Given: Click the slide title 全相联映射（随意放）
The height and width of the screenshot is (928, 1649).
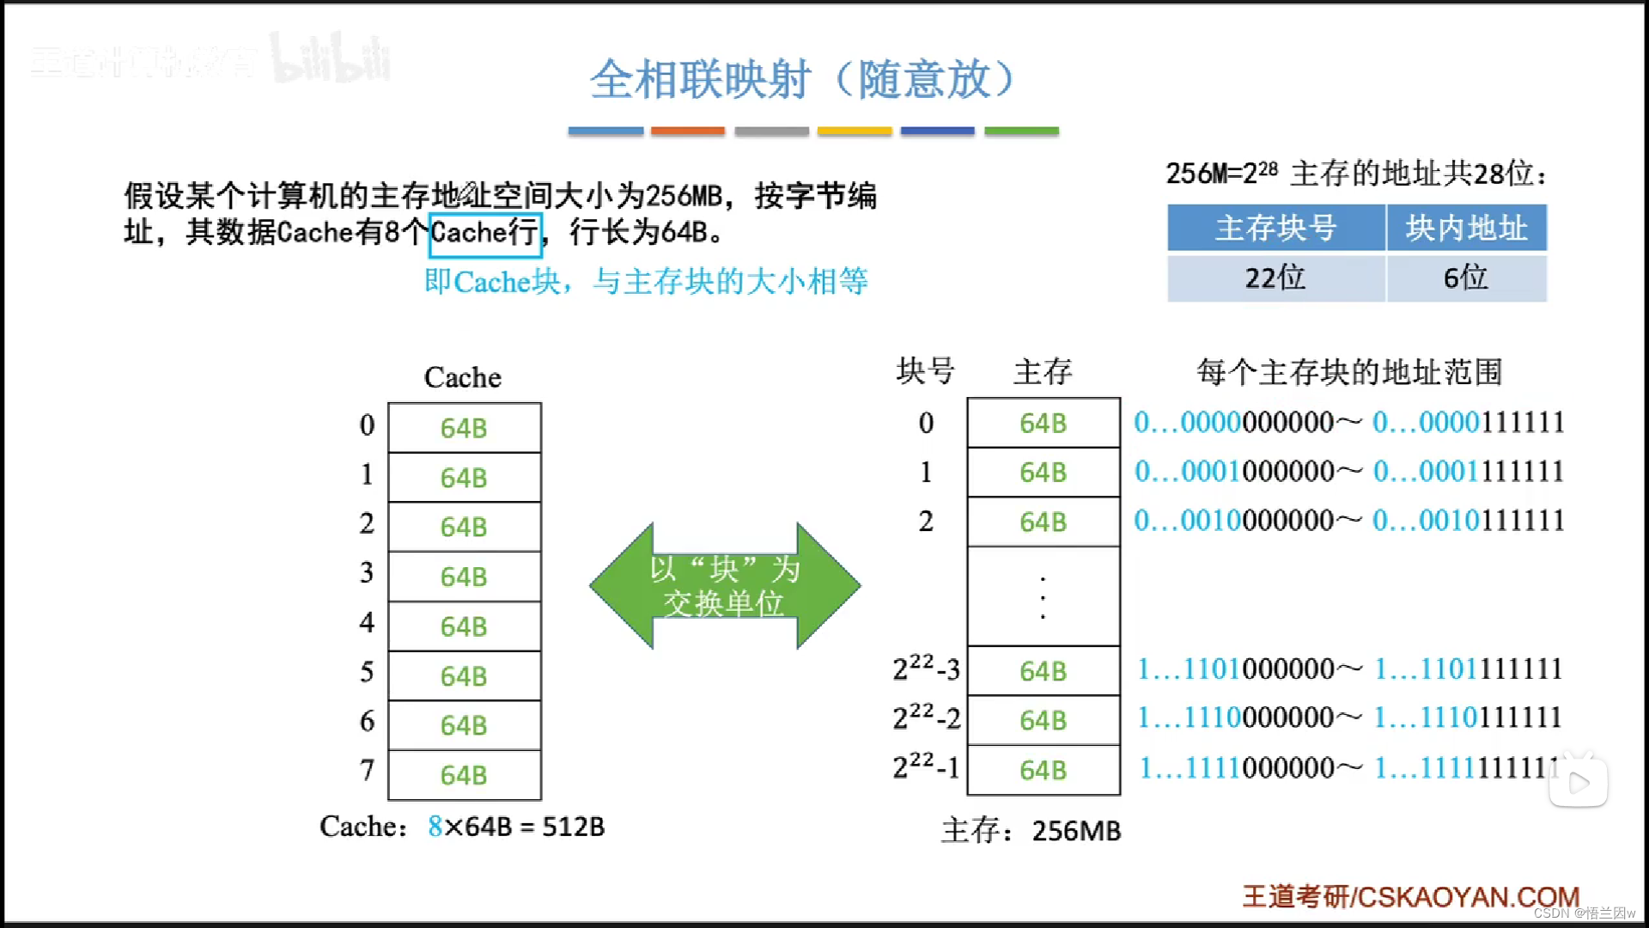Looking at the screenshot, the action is coord(803,80).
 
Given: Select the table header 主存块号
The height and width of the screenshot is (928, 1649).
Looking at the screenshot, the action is coord(1276,228).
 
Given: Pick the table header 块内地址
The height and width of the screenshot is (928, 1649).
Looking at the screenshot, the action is coord(1466,228).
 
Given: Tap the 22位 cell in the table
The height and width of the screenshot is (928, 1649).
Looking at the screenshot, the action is coord(1276,278).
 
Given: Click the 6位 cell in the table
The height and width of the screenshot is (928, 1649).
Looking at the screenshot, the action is coord(1466,278).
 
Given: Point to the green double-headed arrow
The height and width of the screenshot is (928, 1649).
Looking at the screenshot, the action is coord(724,586).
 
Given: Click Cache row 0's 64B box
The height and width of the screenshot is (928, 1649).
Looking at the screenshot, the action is coord(464,428).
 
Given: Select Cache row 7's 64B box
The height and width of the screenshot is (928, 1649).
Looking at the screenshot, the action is coord(464,775).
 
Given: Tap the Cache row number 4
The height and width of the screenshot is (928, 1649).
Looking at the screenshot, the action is coord(367,622).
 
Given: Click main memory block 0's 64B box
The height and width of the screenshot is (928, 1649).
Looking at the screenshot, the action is coord(1044,423).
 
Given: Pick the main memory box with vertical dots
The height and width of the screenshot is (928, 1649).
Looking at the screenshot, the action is coord(1044,596).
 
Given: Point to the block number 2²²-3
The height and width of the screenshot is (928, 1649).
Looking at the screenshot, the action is coord(926,669).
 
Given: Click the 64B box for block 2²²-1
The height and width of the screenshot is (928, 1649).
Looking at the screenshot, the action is coord(1044,770).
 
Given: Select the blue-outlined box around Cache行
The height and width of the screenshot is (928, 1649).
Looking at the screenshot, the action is coord(485,234).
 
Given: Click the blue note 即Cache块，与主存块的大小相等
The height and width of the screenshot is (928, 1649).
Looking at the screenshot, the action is coord(646,282).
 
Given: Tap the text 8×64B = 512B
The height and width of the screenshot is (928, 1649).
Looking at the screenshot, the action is coord(516,827).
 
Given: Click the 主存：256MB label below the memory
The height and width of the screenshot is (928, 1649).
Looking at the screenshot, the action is coord(1031,831).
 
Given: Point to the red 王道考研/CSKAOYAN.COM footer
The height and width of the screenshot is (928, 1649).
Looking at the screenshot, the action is coord(1410,897).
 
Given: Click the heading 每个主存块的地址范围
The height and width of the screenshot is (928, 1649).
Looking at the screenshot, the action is coord(1349,372).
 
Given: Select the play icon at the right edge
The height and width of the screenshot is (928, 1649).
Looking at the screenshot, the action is coord(1579,783).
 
